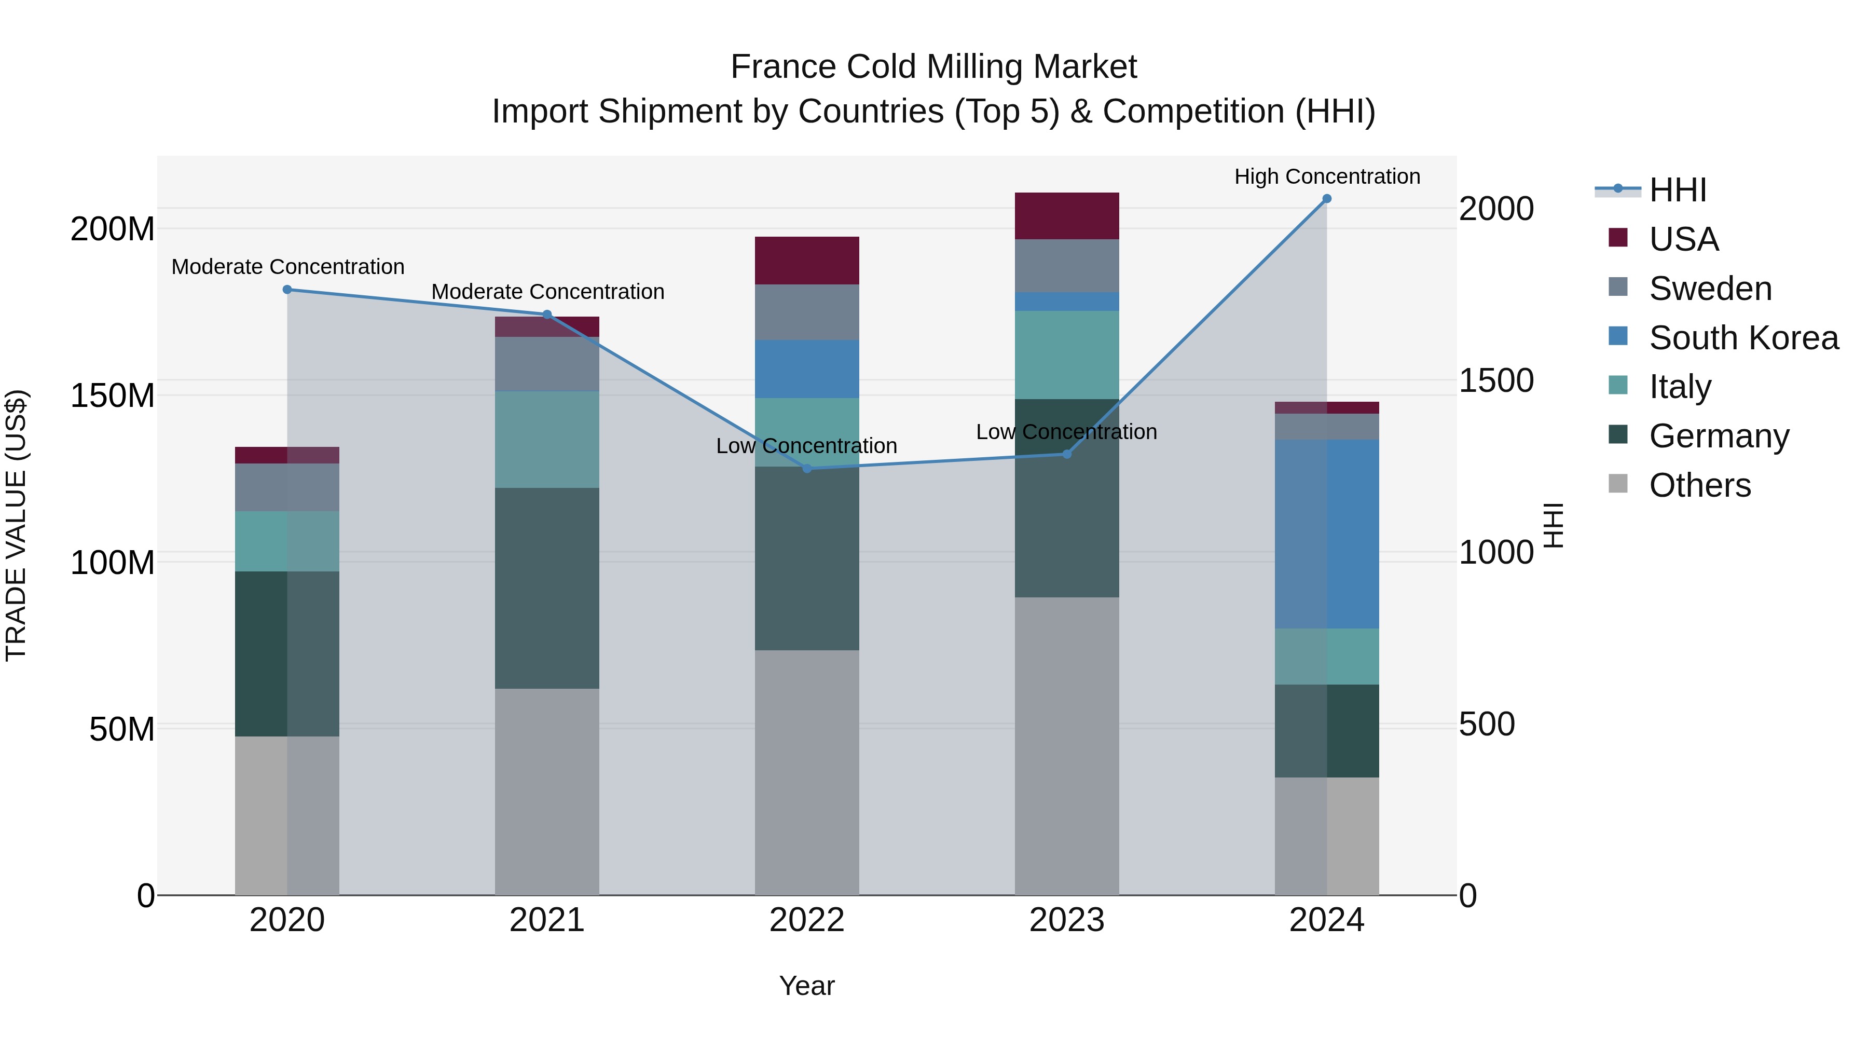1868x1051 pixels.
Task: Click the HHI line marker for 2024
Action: click(x=1326, y=199)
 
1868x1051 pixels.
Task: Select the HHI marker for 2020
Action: click(x=287, y=290)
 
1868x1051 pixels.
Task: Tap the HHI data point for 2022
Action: click(x=807, y=469)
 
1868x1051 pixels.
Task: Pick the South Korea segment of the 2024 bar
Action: click(x=1326, y=534)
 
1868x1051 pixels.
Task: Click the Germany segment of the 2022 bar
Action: click(x=806, y=558)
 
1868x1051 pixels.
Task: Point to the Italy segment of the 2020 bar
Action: click(x=287, y=541)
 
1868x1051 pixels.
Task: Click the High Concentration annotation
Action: click(x=1326, y=176)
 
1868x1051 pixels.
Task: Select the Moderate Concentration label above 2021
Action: click(x=547, y=292)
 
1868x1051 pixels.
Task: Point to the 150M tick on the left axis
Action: click(x=113, y=396)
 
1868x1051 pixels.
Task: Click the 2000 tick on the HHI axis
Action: click(x=1496, y=209)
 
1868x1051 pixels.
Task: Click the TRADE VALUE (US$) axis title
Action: click(x=16, y=525)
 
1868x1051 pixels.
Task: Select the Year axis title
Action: click(x=806, y=986)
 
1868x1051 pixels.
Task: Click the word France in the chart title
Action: click(x=782, y=67)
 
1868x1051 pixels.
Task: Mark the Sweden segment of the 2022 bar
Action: click(x=806, y=312)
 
